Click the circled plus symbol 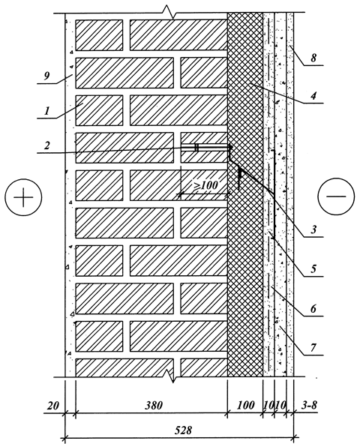click(23, 197)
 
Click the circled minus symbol click(336, 196)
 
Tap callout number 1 click(47, 110)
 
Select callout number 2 click(47, 145)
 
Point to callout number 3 click(313, 229)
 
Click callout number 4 click(313, 96)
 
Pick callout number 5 click(313, 268)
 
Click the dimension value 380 click(154, 406)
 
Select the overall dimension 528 click(183, 430)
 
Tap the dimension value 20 click(53, 406)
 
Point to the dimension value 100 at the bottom click(245, 405)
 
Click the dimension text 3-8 click(308, 405)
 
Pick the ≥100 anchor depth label click(205, 185)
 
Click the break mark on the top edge click(169, 13)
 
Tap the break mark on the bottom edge click(172, 376)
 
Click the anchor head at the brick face click(230, 147)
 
